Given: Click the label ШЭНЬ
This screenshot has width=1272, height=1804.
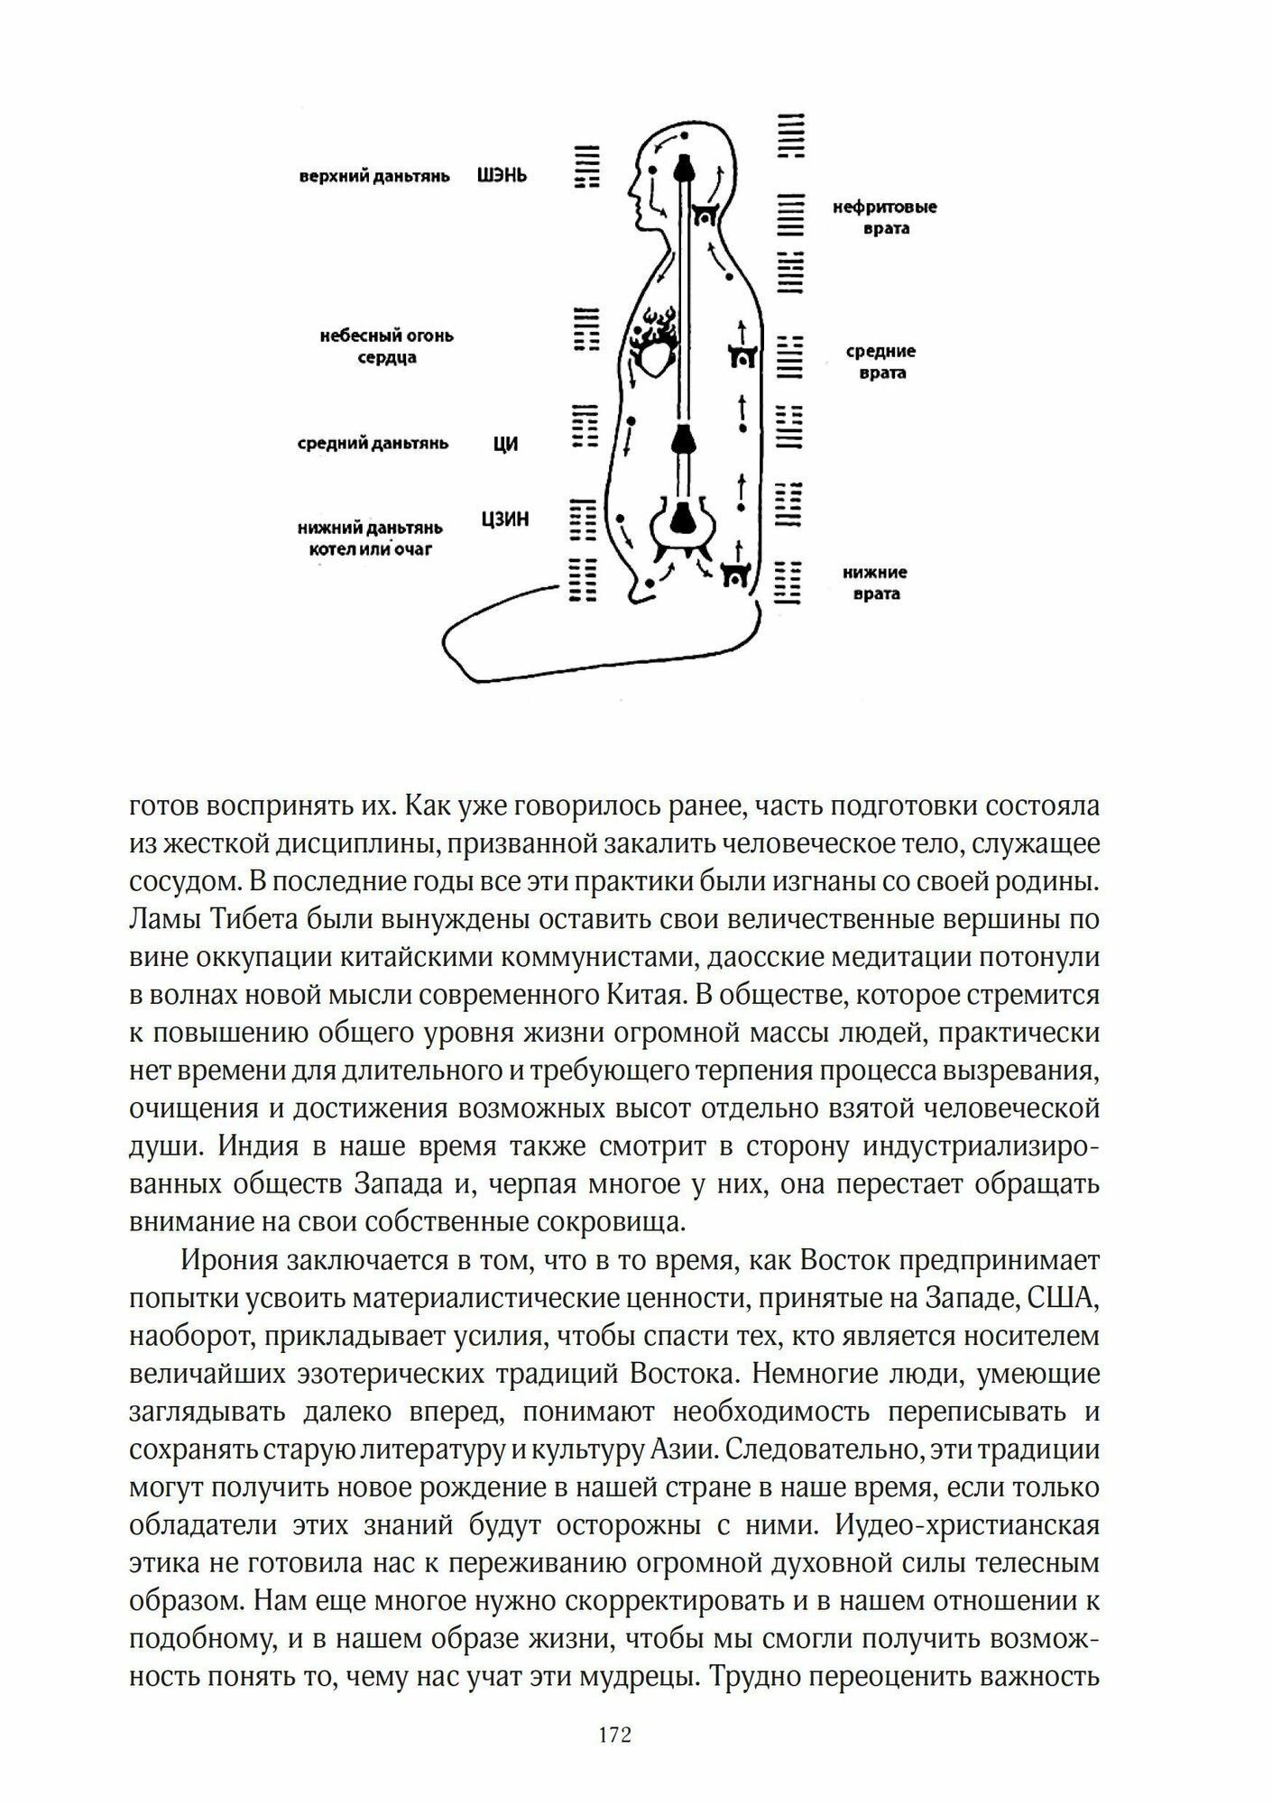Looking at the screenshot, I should click(502, 176).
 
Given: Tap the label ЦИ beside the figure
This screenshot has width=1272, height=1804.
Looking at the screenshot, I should click(506, 444).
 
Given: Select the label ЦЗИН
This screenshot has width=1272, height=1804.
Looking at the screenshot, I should click(505, 520).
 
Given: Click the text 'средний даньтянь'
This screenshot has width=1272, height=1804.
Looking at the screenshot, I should click(373, 444).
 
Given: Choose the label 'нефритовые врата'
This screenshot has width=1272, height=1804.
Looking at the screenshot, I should click(884, 217).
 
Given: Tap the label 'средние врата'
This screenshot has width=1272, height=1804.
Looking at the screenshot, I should click(881, 362).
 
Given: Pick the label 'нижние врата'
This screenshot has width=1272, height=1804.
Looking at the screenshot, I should click(875, 583).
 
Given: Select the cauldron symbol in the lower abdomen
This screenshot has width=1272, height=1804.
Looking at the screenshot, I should click(682, 523).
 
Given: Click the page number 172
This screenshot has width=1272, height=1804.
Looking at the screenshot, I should click(614, 1735).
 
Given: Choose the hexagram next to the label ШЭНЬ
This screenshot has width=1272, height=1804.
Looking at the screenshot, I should click(587, 167).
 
